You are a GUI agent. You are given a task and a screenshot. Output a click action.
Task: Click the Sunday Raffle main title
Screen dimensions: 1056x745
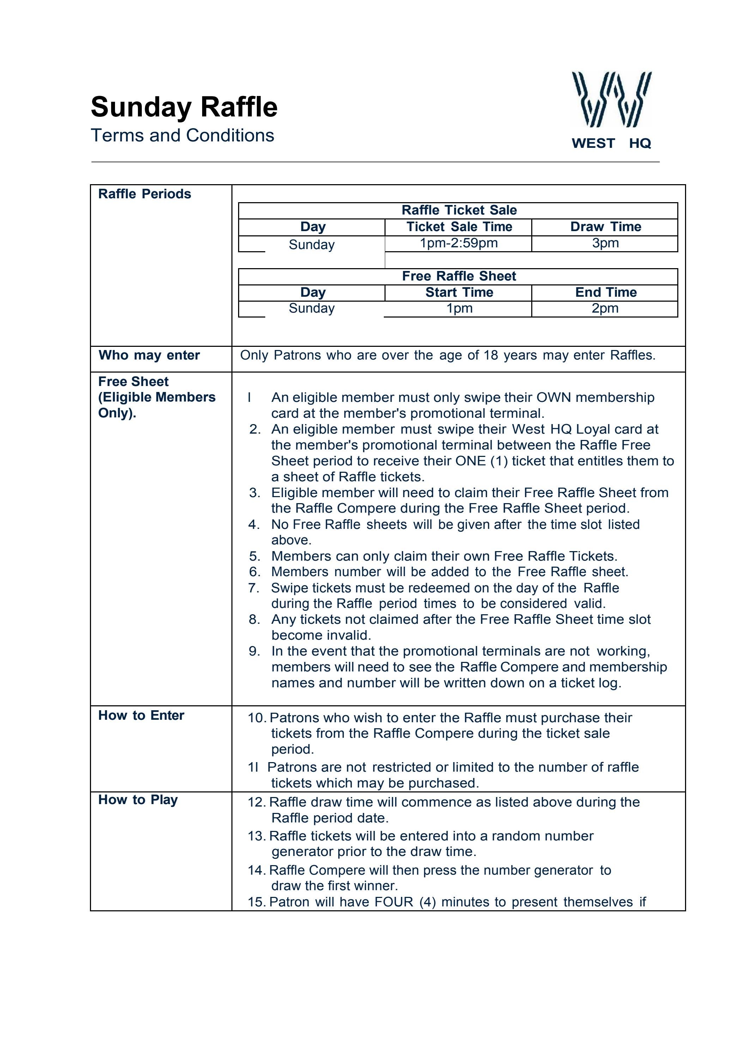pyautogui.click(x=184, y=107)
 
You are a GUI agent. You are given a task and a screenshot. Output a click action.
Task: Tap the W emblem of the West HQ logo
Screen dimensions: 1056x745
pyautogui.click(x=611, y=99)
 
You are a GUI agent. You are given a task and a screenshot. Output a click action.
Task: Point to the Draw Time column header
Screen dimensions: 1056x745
pyautogui.click(x=605, y=227)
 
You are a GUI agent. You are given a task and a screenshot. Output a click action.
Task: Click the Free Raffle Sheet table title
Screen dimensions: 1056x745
pyautogui.click(x=459, y=276)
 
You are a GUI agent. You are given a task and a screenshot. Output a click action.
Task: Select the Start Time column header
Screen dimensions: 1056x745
pyautogui.click(x=459, y=292)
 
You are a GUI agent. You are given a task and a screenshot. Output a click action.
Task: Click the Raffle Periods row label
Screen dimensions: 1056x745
pyautogui.click(x=144, y=194)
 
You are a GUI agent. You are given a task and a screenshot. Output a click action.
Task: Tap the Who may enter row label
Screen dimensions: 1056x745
pyautogui.click(x=149, y=355)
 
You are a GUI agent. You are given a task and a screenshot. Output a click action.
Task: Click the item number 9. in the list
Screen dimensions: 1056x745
pyautogui.click(x=254, y=651)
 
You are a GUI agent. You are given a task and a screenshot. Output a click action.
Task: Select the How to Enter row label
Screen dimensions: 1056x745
pyautogui.click(x=141, y=715)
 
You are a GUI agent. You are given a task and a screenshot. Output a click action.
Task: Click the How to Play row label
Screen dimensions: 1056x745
pyautogui.click(x=138, y=799)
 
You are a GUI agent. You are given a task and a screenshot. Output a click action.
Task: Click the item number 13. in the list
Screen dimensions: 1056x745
pyautogui.click(x=256, y=836)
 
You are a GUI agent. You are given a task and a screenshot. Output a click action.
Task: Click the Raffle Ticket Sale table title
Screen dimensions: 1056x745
pyautogui.click(x=459, y=210)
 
